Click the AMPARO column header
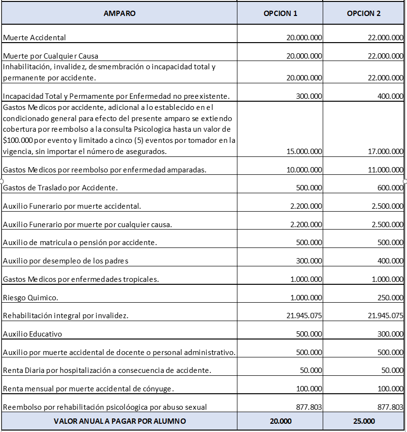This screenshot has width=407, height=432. tap(119, 14)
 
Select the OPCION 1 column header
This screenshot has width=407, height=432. tap(280, 14)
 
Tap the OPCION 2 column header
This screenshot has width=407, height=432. tap(364, 14)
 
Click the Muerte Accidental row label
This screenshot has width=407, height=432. tap(34, 37)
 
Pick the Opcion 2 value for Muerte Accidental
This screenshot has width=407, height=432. tap(386, 37)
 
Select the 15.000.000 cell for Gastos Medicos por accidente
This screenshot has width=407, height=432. tap(304, 152)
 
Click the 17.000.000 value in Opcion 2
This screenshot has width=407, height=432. tap(386, 152)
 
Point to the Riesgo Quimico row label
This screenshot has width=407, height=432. tap(31, 297)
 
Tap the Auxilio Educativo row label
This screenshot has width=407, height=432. tap(32, 334)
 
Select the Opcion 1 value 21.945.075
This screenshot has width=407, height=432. tap(304, 316)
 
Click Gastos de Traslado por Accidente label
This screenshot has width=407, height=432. tap(61, 188)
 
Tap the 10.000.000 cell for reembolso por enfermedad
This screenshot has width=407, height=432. tap(304, 170)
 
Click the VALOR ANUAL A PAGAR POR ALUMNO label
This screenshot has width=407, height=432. tap(119, 421)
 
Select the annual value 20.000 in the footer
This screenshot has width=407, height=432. tap(280, 421)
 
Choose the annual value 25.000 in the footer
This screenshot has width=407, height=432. tap(364, 421)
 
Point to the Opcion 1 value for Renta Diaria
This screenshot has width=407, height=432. tap(311, 370)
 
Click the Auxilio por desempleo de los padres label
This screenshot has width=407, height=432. tap(65, 261)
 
